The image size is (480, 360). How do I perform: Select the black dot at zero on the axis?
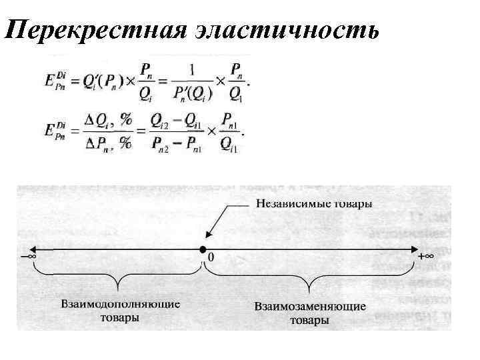201,250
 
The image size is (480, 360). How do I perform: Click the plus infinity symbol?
425,256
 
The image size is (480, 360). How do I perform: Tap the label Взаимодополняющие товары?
120,310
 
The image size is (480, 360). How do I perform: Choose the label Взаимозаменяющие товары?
310,313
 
